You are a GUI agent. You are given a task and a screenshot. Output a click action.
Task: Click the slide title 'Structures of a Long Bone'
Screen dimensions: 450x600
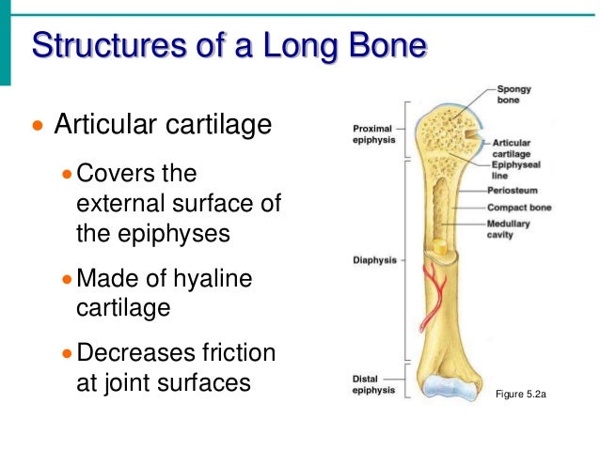(x=229, y=45)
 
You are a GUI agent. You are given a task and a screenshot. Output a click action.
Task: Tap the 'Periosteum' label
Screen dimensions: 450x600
(x=513, y=191)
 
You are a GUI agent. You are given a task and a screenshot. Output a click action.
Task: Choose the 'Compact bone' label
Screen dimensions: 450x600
(x=519, y=207)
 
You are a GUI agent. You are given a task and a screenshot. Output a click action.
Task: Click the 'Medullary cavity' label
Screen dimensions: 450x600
(x=509, y=229)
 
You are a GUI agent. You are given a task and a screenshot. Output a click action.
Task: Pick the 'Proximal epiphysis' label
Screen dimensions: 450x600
(x=373, y=132)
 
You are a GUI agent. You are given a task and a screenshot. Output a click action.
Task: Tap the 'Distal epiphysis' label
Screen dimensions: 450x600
(x=373, y=383)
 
